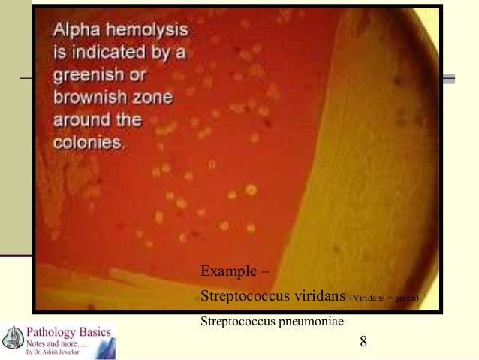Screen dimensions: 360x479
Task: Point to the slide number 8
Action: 363,342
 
